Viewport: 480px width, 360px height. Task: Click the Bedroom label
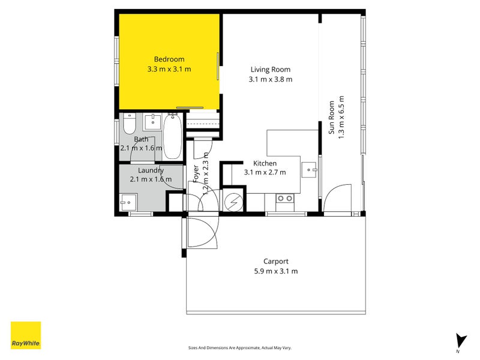[169, 59]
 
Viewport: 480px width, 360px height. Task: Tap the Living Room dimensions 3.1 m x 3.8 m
[271, 79]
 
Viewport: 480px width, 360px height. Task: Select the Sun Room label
[332, 117]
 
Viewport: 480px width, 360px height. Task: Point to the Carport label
[276, 262]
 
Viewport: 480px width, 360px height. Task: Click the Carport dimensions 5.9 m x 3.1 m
[276, 271]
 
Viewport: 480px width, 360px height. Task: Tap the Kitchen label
[265, 163]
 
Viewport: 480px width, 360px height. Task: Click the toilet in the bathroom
[129, 124]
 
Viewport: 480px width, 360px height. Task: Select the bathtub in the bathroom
[173, 136]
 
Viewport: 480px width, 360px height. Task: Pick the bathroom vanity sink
[152, 122]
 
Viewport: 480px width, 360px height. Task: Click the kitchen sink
[309, 170]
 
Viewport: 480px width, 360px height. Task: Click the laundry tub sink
[128, 202]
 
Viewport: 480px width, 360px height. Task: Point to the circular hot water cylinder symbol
[233, 202]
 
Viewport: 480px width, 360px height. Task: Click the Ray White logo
[26, 335]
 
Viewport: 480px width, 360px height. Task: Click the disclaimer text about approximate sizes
[239, 348]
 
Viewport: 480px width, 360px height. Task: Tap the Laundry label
[151, 170]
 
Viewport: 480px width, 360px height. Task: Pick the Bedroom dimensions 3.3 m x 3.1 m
[169, 69]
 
